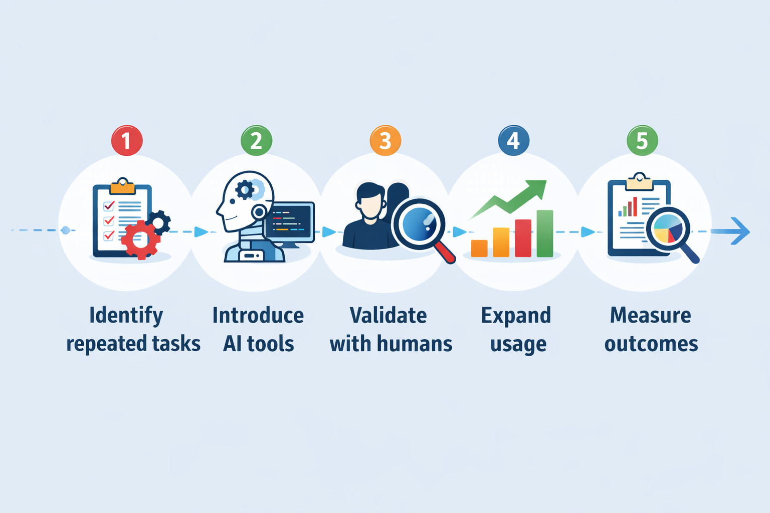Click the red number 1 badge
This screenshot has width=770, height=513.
[127, 141]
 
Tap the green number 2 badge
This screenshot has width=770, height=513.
[257, 141]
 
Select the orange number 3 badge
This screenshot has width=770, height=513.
[386, 141]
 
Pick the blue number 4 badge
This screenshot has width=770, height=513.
[513, 141]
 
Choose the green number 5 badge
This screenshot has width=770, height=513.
[643, 141]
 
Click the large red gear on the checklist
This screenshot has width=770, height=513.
[140, 239]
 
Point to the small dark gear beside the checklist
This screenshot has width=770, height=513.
[158, 222]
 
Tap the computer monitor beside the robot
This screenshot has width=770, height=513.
[290, 224]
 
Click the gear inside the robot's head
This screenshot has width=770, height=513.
[245, 190]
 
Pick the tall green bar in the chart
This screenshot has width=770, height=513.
[545, 233]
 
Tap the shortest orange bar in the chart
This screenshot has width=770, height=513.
[479, 248]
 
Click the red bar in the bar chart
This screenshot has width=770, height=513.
[523, 238]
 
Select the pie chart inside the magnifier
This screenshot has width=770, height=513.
[668, 229]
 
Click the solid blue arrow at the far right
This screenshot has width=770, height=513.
[730, 231]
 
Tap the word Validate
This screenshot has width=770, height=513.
[388, 316]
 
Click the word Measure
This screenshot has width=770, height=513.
[650, 316]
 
